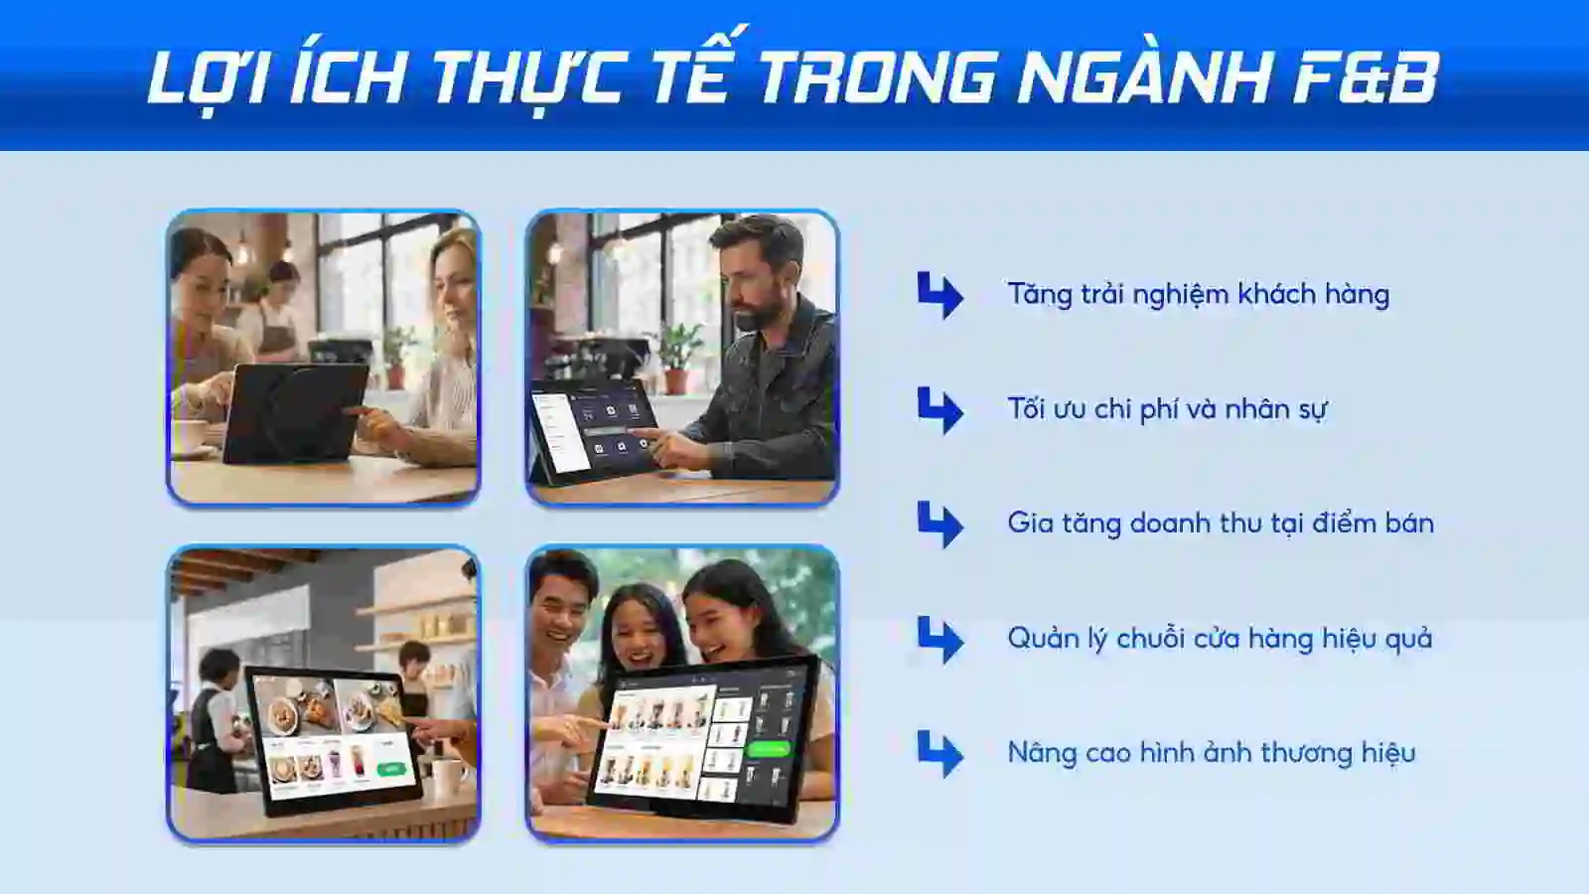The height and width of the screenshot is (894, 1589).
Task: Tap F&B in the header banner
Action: click(x=1365, y=77)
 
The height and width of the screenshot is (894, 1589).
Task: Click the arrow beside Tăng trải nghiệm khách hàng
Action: click(x=939, y=295)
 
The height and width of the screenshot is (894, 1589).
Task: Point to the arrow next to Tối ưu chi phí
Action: click(x=939, y=410)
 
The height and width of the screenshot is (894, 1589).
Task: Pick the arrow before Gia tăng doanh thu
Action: click(x=939, y=524)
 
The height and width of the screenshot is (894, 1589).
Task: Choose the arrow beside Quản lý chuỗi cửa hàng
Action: click(x=939, y=639)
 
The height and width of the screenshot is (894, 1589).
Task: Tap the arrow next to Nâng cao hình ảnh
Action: click(x=939, y=754)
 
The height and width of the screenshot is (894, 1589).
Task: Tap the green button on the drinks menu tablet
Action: click(x=768, y=750)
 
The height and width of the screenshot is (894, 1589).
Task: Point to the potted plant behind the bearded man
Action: click(x=678, y=354)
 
